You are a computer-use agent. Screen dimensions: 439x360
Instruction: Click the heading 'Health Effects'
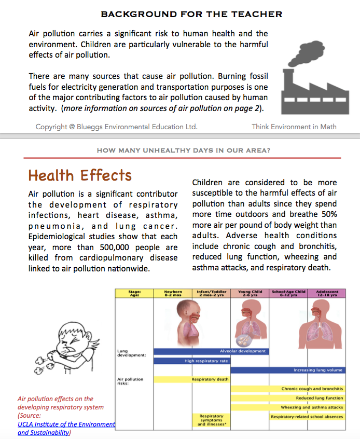[x=80, y=175]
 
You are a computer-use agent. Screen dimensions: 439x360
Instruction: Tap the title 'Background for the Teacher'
[x=191, y=14]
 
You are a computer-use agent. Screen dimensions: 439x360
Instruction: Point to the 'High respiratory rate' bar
[x=206, y=361]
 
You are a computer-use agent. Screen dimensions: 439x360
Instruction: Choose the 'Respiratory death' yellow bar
[x=210, y=379]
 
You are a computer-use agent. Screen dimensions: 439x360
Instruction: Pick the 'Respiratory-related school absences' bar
[x=307, y=417]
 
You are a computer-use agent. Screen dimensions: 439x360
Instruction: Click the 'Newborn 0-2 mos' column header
[x=173, y=293]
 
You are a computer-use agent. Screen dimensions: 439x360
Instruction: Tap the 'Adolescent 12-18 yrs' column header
[x=326, y=293]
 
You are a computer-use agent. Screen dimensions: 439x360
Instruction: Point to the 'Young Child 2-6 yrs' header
[x=250, y=293]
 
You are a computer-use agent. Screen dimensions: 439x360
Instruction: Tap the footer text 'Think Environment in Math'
[x=294, y=127]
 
